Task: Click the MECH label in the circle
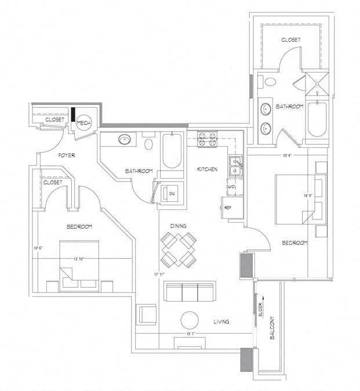85,123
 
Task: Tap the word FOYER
67,155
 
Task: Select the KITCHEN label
208,169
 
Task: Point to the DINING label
178,226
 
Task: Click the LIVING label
220,321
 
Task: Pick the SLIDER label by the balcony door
260,311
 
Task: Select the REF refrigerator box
228,207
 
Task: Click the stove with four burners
208,139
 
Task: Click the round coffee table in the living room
190,320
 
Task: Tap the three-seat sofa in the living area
190,291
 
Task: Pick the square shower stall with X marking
317,82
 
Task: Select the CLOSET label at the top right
291,40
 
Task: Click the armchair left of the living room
146,314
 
